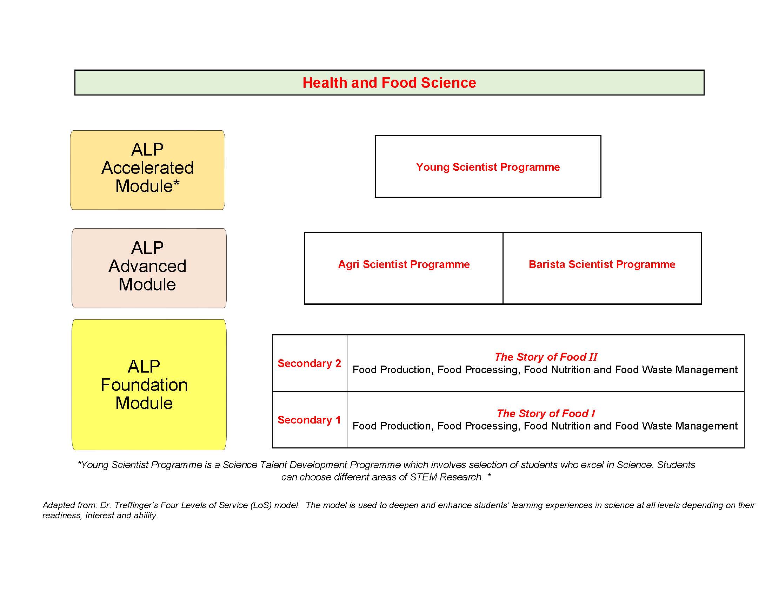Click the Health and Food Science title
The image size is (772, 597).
pyautogui.click(x=389, y=83)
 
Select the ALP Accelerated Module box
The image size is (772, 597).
pyautogui.click(x=147, y=170)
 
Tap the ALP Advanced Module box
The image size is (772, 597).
pyautogui.click(x=149, y=268)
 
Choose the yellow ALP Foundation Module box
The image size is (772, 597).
pyautogui.click(x=149, y=385)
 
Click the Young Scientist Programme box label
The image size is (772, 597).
pyautogui.click(x=488, y=167)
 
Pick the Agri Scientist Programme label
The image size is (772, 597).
pyautogui.click(x=404, y=264)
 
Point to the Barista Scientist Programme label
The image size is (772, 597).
pyautogui.click(x=602, y=264)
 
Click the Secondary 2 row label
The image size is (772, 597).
pyautogui.click(x=309, y=363)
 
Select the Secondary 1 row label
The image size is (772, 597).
pyautogui.click(x=309, y=420)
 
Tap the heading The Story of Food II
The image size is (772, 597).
pyautogui.click(x=546, y=357)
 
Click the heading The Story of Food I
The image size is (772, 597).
pyautogui.click(x=546, y=413)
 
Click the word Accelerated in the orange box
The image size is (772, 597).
pyautogui.click(x=148, y=168)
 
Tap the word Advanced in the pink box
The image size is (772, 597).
pyautogui.click(x=147, y=266)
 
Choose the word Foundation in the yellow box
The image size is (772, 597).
pyautogui.click(x=144, y=385)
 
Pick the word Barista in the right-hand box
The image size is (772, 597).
pyautogui.click(x=547, y=264)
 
